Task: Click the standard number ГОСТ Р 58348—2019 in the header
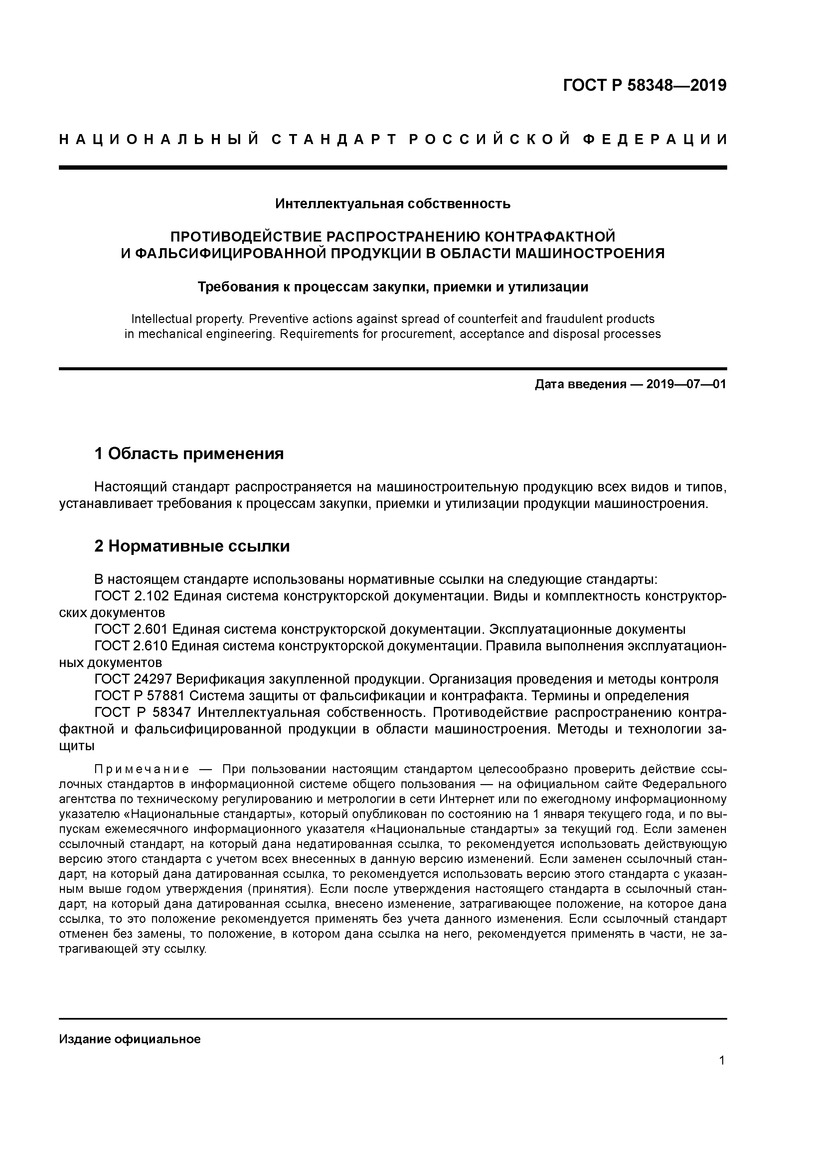(645, 85)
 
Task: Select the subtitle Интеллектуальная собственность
(393, 204)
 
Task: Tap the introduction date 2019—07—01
(686, 384)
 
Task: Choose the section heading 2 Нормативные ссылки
(192, 546)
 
